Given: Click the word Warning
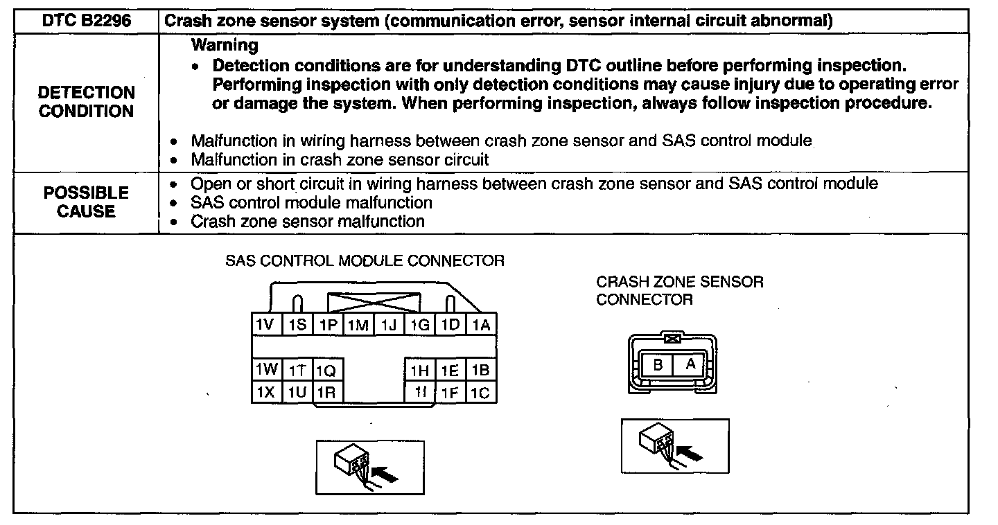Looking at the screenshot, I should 225,46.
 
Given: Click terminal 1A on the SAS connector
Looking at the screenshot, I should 481,325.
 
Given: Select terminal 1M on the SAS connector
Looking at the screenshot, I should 358,325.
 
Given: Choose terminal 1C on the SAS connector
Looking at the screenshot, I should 480,393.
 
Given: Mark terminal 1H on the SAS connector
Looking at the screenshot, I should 420,371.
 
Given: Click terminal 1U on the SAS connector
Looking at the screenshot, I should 297,392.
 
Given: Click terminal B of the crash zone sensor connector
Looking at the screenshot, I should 658,364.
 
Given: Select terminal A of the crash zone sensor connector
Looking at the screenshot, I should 690,364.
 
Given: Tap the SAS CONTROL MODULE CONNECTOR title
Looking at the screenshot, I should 365,261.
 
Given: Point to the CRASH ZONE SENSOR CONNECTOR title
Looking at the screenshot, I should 679,291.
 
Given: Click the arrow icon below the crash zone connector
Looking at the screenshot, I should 674,446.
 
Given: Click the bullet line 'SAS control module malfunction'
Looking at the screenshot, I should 311,203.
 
